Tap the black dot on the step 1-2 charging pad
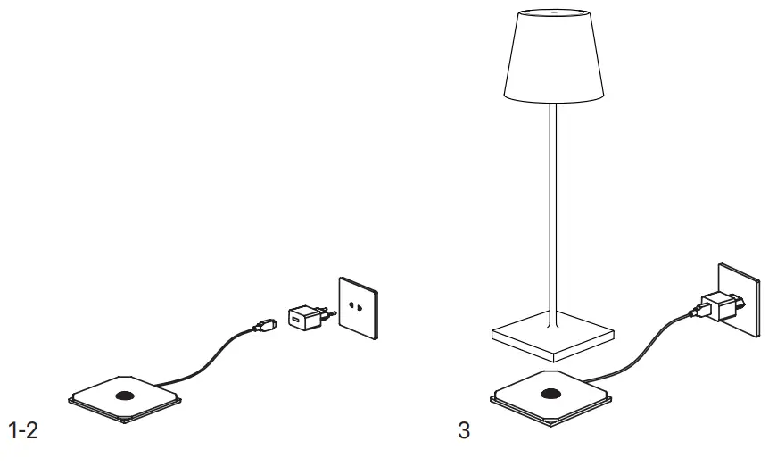coord(124,396)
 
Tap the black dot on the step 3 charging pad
coord(548,394)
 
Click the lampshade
coord(553,58)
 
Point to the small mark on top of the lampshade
coord(553,13)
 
